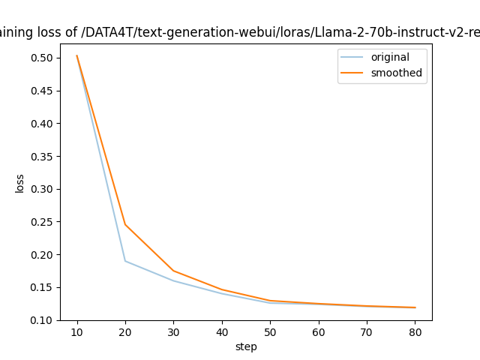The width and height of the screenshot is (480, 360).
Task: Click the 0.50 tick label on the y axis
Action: point(42,58)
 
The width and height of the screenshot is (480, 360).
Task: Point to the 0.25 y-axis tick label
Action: point(42,222)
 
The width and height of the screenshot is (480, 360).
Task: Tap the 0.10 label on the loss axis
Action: point(42,320)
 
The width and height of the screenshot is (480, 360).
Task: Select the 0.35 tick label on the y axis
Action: point(42,156)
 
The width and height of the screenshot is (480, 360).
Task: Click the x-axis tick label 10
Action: point(76,331)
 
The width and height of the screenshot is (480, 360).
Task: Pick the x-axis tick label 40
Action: point(222,331)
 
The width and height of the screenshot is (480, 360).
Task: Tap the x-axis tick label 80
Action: point(415,331)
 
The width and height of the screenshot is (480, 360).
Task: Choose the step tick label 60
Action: point(318,331)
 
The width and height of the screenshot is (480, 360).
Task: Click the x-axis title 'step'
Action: point(246,346)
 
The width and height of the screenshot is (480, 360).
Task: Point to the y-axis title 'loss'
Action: point(20,183)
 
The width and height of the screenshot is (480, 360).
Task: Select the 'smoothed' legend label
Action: point(396,73)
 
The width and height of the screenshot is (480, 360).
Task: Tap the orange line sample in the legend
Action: point(354,73)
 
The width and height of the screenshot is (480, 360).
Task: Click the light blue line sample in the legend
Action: point(354,58)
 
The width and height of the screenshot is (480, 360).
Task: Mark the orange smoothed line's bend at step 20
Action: point(125,224)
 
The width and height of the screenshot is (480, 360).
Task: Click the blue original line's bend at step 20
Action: point(125,261)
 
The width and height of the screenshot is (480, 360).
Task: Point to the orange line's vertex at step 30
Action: point(173,271)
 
